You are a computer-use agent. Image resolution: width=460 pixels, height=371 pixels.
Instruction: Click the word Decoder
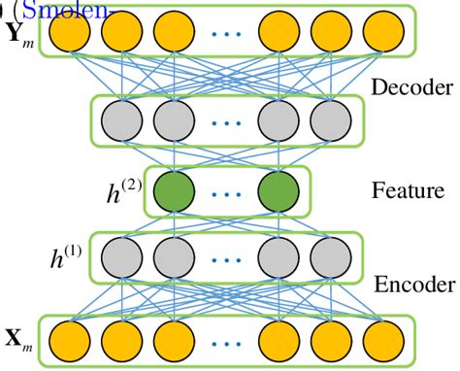411,87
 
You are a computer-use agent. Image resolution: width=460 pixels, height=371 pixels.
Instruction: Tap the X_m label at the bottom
18,339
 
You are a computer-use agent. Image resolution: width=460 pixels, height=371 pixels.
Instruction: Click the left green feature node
174,191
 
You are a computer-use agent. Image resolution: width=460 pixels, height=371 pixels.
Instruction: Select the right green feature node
279,191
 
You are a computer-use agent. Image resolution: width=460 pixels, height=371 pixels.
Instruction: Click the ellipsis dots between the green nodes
226,193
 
